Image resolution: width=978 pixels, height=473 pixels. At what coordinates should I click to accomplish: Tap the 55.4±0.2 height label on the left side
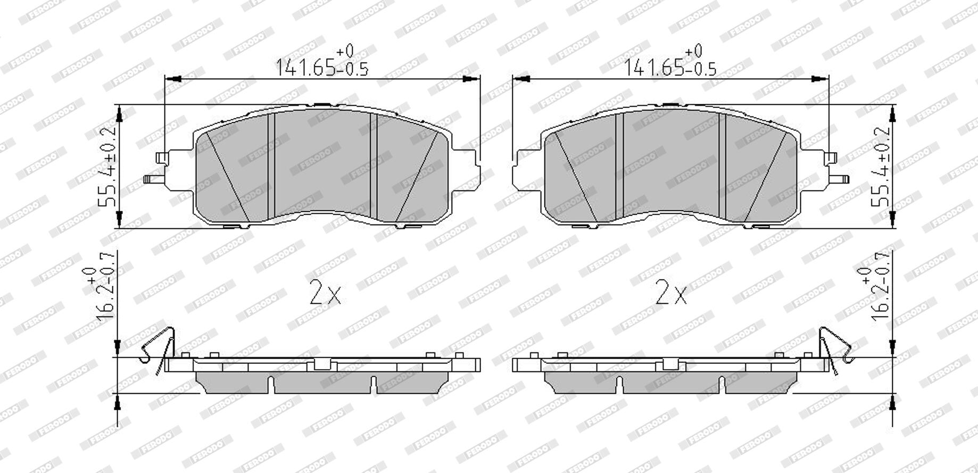click(x=108, y=167)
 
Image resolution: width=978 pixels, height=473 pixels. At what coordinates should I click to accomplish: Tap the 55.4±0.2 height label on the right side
click(x=881, y=167)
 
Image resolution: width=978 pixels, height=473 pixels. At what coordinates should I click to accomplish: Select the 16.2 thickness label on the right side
click(x=873, y=294)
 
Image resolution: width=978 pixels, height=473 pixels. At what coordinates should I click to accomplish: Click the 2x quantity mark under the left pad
click(x=325, y=293)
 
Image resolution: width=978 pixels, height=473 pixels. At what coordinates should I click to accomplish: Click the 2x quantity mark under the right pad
click(x=672, y=293)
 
